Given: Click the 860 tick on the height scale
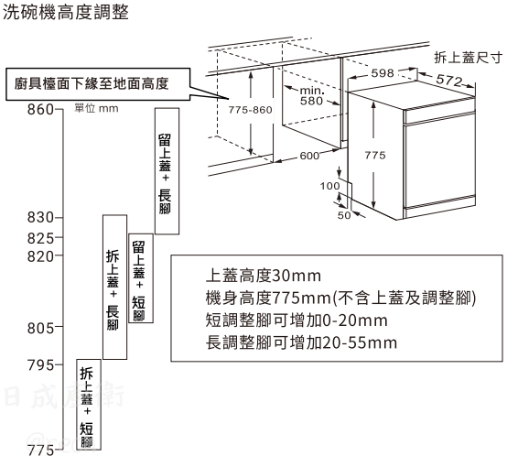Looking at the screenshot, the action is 40,109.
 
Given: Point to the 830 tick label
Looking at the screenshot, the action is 40,218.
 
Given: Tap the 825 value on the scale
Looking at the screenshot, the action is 40,238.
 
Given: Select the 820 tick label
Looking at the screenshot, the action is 40,256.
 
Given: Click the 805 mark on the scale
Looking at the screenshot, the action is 40,328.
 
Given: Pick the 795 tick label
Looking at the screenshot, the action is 40,365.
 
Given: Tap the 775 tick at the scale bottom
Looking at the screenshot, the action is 40,450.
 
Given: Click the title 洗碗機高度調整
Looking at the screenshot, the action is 66,12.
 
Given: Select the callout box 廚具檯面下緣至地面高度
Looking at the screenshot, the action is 98,84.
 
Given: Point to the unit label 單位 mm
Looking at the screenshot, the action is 96,108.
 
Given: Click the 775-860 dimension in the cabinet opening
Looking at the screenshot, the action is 250,110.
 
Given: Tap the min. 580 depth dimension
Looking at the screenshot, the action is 311,96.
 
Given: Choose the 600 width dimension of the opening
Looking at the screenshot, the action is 309,156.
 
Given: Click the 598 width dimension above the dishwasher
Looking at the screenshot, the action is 383,73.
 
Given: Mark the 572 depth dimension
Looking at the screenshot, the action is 449,80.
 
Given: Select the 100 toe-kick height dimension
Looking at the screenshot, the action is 329,186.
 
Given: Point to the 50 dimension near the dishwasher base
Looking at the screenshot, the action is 344,215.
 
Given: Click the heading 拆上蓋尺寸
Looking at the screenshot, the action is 469,58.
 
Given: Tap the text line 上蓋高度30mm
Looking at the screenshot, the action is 264,276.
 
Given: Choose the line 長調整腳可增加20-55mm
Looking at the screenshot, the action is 301,342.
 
